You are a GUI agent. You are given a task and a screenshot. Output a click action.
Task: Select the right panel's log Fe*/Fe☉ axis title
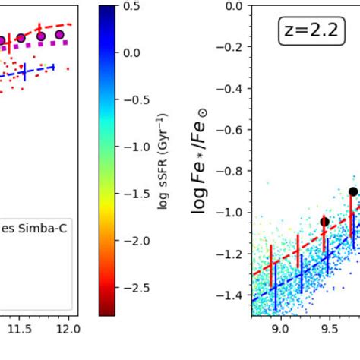click(x=201, y=160)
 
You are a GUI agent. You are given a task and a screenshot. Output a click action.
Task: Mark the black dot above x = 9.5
click(x=325, y=222)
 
